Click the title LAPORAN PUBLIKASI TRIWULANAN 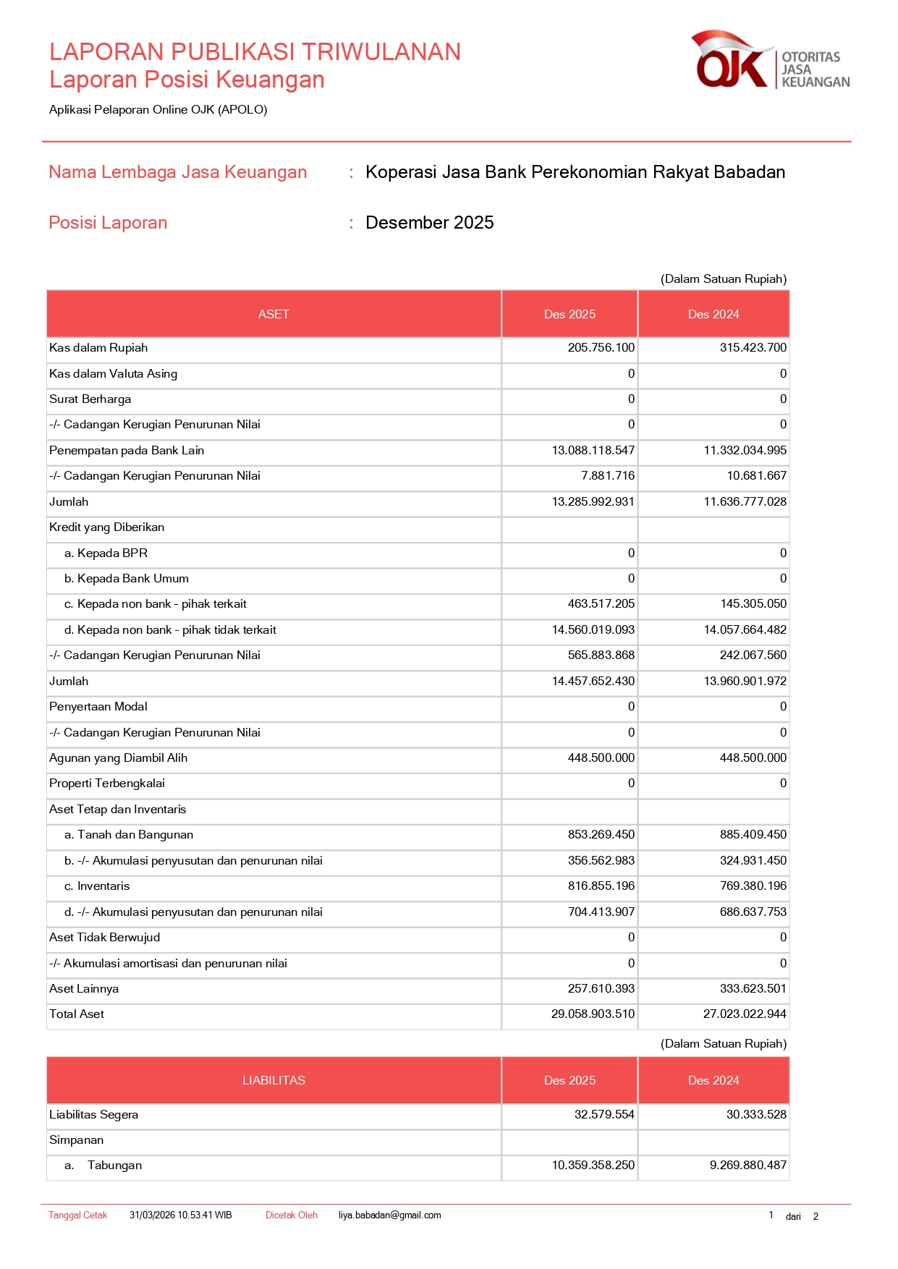click(x=255, y=52)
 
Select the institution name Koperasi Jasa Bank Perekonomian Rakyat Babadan click(x=575, y=172)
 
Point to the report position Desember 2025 click(x=429, y=223)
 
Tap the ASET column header click(x=274, y=315)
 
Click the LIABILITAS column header click(x=274, y=1081)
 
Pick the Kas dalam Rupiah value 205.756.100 click(x=601, y=348)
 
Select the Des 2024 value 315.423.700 click(x=753, y=348)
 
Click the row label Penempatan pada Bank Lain click(x=127, y=451)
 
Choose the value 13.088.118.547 click(x=593, y=451)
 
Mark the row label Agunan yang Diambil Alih click(x=118, y=758)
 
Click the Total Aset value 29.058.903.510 click(x=593, y=1014)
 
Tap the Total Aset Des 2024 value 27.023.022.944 click(x=745, y=1014)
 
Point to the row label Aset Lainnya click(x=84, y=989)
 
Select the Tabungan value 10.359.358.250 click(x=593, y=1166)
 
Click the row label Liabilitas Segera click(x=93, y=1115)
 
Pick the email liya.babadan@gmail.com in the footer click(x=389, y=1215)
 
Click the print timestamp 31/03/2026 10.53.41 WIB click(x=180, y=1215)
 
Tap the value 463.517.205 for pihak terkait click(x=601, y=604)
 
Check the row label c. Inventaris click(x=97, y=886)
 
